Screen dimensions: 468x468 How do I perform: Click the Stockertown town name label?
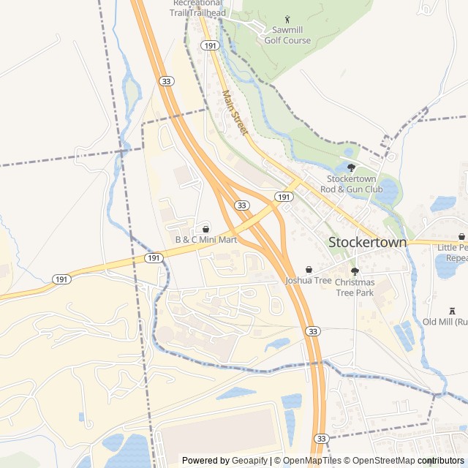tap(367, 242)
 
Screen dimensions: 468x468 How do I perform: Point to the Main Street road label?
tap(235, 113)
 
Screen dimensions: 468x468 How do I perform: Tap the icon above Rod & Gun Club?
tap(351, 167)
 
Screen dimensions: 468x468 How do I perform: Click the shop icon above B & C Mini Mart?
tap(205, 229)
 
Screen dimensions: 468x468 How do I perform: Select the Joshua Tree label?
tap(309, 280)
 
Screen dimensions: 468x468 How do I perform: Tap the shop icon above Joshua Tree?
tap(308, 268)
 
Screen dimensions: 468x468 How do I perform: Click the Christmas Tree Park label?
tap(355, 287)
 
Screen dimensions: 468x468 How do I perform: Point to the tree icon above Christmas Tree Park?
tap(355, 271)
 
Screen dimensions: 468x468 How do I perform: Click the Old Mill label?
tap(445, 321)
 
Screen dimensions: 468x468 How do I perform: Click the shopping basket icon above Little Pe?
tap(461, 237)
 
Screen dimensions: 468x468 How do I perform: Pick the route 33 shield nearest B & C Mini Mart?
tap(241, 206)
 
